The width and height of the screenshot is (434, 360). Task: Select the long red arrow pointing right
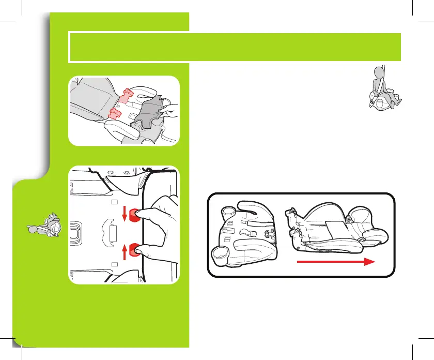click(335, 263)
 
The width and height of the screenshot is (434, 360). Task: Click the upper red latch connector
click(127, 94)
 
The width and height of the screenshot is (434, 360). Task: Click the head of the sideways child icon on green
click(55, 227)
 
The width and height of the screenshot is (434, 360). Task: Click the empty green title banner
click(235, 47)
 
